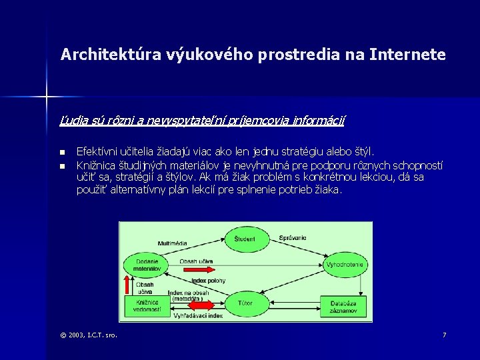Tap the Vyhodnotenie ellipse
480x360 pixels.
pyautogui.click(x=344, y=265)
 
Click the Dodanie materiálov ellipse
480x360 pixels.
pyautogui.click(x=146, y=265)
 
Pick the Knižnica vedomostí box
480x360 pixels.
pyautogui.click(x=147, y=306)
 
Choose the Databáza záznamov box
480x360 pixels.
pyautogui.click(x=344, y=306)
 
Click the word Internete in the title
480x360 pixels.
pyautogui.click(x=411, y=55)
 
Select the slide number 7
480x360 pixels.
pyautogui.click(x=444, y=334)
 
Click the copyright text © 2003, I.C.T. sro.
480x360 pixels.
pyautogui.click(x=89, y=334)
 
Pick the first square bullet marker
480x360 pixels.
pyautogui.click(x=62, y=153)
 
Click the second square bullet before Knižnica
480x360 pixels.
pyautogui.click(x=62, y=165)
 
